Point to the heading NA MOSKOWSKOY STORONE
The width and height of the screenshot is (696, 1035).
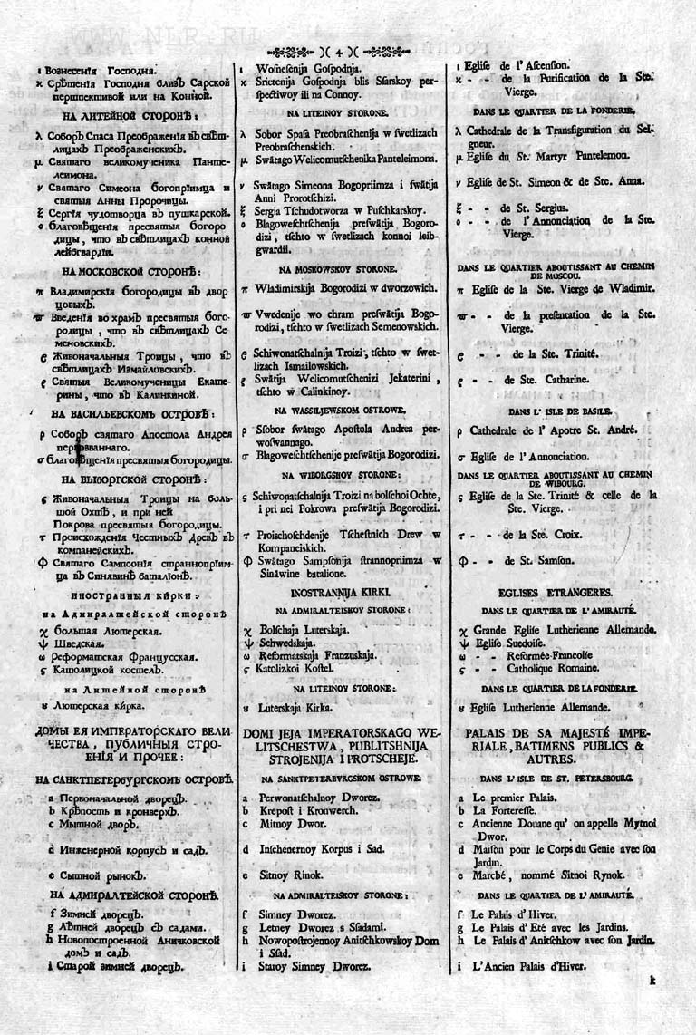pos(337,269)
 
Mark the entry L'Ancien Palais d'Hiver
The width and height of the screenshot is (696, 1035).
pos(530,967)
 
